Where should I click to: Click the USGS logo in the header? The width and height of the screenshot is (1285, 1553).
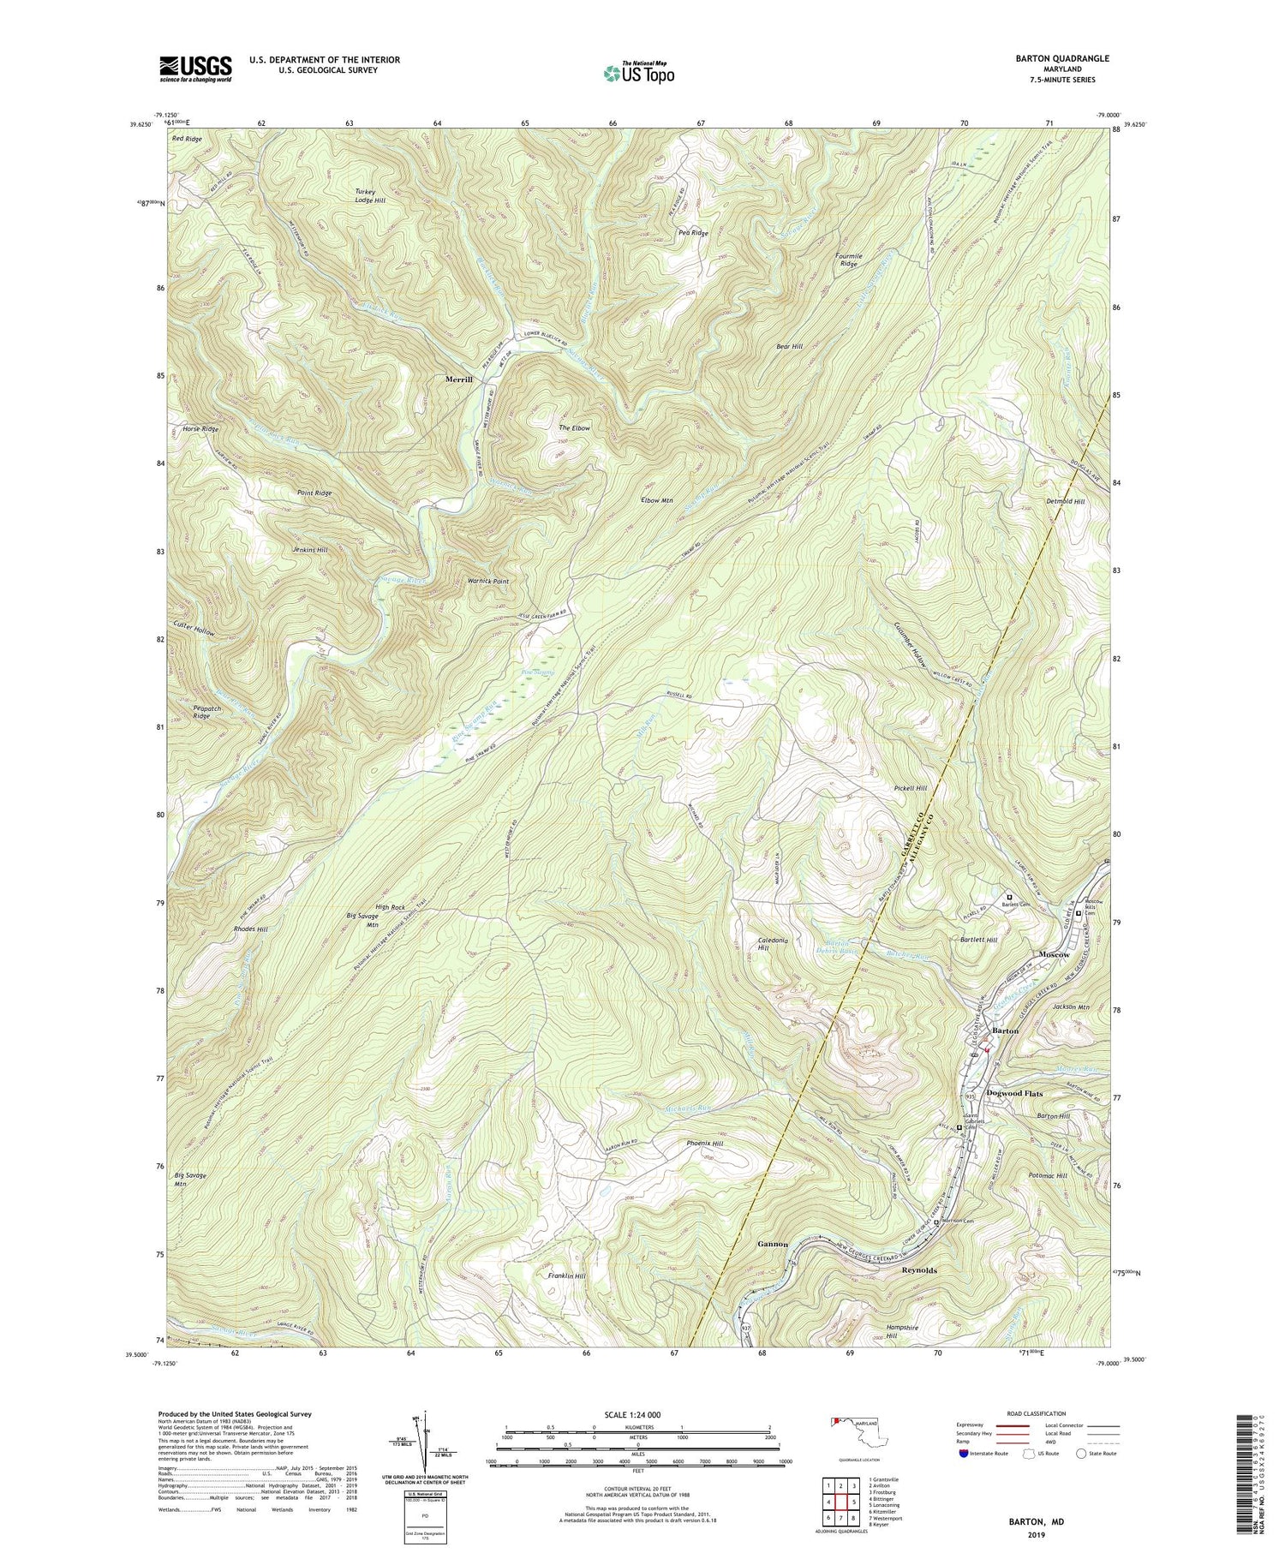pyautogui.click(x=195, y=68)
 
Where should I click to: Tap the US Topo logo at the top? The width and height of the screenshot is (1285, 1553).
pyautogui.click(x=638, y=72)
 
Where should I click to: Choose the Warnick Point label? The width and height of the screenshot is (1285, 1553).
pyautogui.click(x=488, y=581)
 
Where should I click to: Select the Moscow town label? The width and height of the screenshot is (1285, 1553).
pyautogui.click(x=1055, y=954)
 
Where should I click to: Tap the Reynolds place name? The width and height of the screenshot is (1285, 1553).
pyautogui.click(x=924, y=1271)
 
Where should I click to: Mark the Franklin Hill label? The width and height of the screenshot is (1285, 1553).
pyautogui.click(x=566, y=1275)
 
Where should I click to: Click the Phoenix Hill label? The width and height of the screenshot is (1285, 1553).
pyautogui.click(x=705, y=1144)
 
